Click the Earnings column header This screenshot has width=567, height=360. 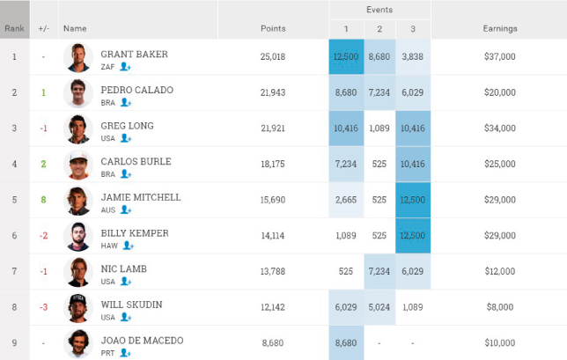[x=500, y=28]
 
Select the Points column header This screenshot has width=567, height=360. [x=273, y=28]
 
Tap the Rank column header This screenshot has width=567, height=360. [x=14, y=28]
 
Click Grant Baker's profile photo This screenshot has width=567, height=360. [x=78, y=58]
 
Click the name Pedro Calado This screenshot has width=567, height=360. [x=137, y=90]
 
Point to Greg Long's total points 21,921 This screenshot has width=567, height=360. [x=273, y=129]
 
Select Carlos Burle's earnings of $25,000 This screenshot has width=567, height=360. [x=500, y=164]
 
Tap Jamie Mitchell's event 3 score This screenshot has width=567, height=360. [x=413, y=200]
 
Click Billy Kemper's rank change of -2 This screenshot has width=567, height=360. [x=43, y=236]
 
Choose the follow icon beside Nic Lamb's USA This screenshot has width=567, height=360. [x=126, y=281]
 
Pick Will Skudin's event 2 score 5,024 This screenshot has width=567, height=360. [x=379, y=307]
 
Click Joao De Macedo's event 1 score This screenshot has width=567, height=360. [x=346, y=342]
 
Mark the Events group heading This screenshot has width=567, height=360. [x=379, y=10]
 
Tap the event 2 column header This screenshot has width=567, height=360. [x=379, y=29]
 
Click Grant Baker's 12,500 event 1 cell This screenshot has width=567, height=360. [x=346, y=56]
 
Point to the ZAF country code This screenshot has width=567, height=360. [x=107, y=67]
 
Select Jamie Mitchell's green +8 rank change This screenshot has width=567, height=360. [x=43, y=200]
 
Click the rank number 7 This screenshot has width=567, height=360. [x=14, y=271]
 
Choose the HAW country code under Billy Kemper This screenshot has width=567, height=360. [x=109, y=246]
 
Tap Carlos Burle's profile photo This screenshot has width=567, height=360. [x=78, y=165]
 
